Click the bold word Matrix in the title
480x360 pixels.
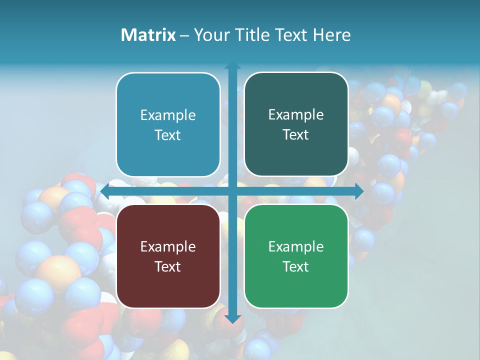[148, 35]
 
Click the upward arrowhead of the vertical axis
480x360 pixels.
[232, 65]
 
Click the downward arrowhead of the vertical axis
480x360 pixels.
[232, 318]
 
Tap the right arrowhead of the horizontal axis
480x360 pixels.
[359, 191]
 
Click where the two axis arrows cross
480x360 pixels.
[232, 191]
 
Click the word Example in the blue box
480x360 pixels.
[168, 115]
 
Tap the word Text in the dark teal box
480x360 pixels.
[296, 135]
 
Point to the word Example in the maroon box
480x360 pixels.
[168, 246]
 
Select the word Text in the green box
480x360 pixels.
[296, 266]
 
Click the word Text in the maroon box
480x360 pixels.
[168, 266]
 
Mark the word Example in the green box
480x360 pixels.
[296, 246]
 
